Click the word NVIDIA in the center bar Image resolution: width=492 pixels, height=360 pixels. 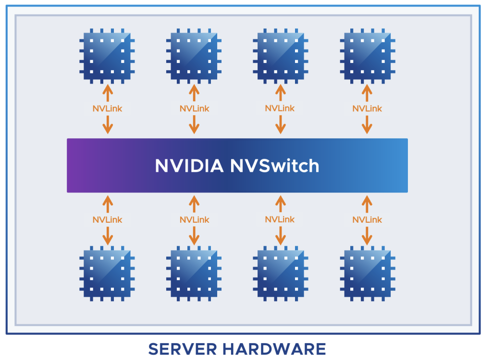(x=189, y=166)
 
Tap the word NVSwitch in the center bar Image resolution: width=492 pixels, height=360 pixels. (x=275, y=166)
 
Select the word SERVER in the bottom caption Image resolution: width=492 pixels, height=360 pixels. (x=182, y=349)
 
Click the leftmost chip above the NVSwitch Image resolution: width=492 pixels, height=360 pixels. (x=107, y=56)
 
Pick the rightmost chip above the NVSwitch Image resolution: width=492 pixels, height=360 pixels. (x=368, y=56)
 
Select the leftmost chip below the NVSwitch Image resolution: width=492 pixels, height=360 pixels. (x=107, y=274)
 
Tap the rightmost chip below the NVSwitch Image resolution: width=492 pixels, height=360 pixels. (x=368, y=274)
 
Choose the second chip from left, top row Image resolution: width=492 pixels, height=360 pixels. (x=194, y=56)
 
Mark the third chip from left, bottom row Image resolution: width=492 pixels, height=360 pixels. (x=281, y=274)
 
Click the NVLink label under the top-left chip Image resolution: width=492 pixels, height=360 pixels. (x=107, y=108)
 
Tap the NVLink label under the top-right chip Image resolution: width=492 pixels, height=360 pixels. (x=367, y=108)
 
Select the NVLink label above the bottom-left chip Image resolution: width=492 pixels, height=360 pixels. (x=107, y=219)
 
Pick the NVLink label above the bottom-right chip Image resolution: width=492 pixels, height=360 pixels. (x=367, y=219)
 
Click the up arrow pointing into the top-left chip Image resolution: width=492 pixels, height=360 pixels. (x=108, y=93)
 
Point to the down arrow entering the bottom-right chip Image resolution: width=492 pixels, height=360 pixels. (x=367, y=236)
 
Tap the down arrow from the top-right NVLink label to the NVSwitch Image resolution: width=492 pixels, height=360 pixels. (x=367, y=124)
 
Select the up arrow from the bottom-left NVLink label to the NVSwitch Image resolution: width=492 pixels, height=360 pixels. (x=108, y=204)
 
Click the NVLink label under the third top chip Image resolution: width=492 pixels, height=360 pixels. (x=280, y=108)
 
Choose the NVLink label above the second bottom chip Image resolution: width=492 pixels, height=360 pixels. (x=194, y=219)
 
